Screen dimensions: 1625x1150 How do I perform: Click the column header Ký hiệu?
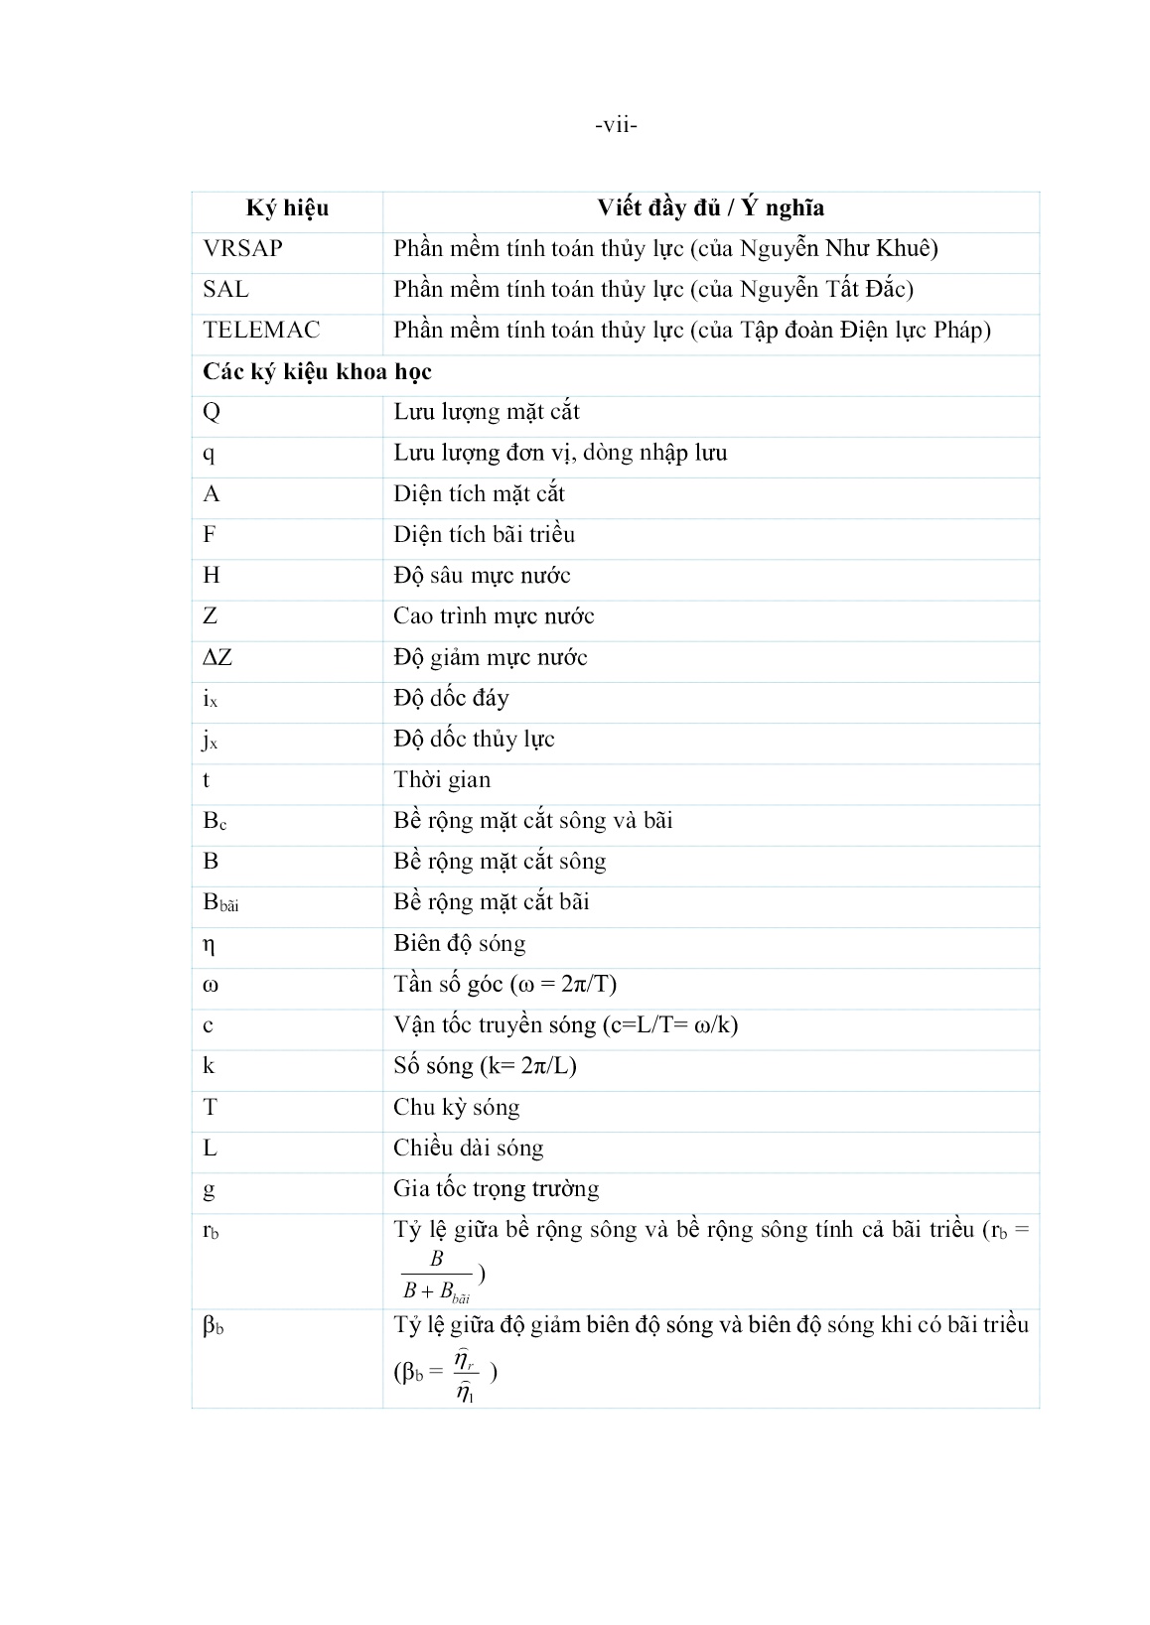287,208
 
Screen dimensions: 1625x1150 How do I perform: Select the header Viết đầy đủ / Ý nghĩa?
710,208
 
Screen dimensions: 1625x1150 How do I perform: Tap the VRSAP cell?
242,249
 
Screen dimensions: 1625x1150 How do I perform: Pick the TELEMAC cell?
261,331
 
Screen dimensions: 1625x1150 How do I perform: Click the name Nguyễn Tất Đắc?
836,290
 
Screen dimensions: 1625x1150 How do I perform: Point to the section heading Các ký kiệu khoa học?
317,372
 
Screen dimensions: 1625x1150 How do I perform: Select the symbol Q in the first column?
212,413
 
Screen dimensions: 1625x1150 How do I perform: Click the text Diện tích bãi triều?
484,535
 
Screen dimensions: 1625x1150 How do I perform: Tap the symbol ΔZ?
217,658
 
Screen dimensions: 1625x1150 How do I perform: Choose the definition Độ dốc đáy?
451,699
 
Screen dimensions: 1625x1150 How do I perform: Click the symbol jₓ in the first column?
211,741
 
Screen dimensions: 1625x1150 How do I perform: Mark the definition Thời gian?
442,780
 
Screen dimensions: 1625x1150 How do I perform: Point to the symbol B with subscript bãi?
220,903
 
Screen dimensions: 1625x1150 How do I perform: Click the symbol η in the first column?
209,945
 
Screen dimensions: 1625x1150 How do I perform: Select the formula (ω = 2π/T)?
563,985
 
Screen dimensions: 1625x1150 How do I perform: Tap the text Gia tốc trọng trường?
496,1189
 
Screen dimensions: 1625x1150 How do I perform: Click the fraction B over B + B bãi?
436,1276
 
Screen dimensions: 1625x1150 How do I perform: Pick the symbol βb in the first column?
213,1326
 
